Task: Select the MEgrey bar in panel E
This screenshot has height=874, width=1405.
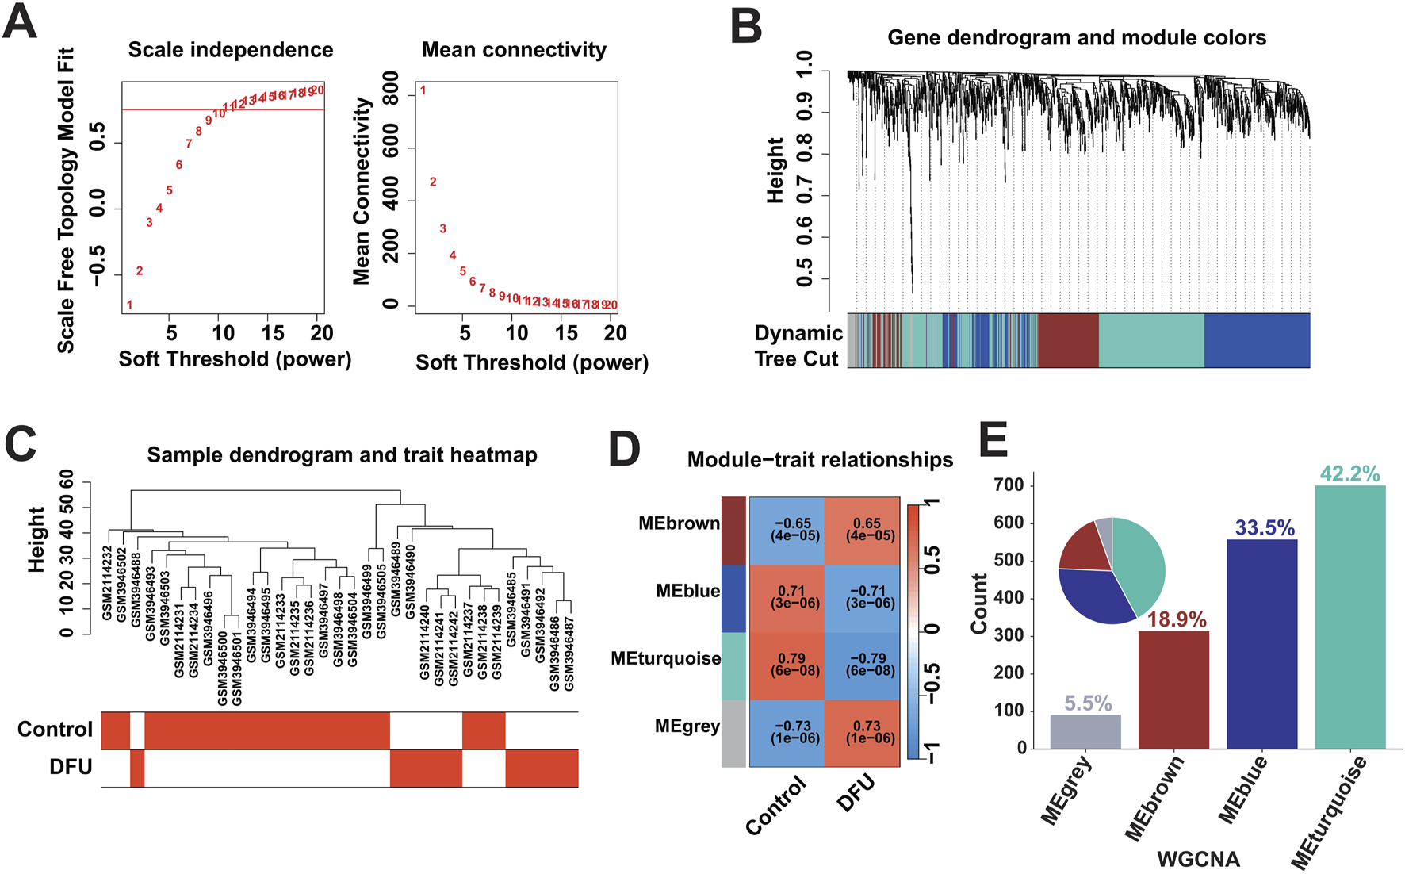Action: (1085, 731)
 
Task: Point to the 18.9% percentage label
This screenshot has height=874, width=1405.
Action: (1177, 619)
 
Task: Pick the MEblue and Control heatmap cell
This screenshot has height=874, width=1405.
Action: (787, 597)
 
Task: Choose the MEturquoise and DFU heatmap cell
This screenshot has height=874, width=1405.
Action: (862, 665)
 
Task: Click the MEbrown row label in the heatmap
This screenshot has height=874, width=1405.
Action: (679, 523)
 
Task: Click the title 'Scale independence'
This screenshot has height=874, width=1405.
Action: (231, 50)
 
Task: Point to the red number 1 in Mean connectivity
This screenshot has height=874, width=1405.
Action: (423, 90)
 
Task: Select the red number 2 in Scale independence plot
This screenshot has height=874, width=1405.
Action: (140, 271)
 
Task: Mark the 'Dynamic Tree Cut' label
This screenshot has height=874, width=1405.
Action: (798, 346)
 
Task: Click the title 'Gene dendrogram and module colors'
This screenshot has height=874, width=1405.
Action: (1076, 37)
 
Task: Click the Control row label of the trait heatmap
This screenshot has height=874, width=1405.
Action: (55, 730)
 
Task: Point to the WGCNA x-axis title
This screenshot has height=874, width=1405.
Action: (1198, 859)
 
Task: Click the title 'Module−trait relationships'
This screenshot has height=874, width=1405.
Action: (820, 460)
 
